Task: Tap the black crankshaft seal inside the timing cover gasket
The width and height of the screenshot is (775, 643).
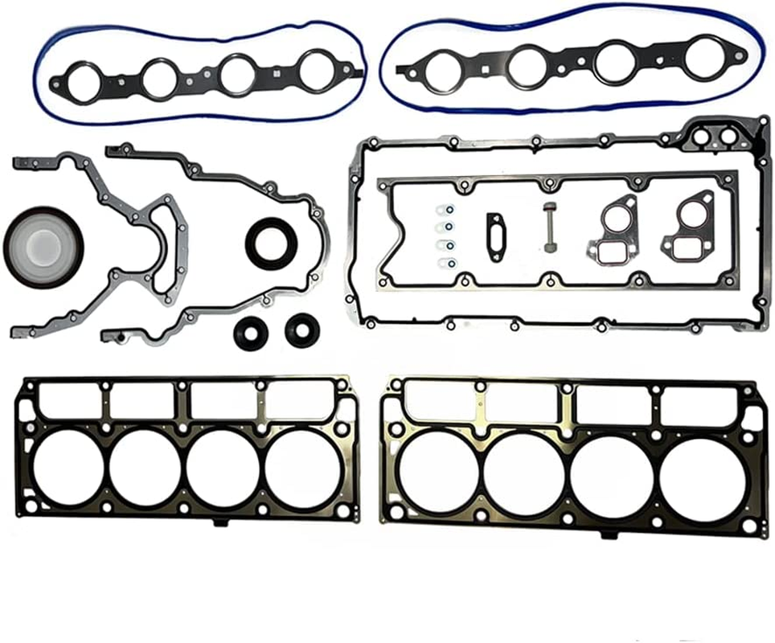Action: pos(271,242)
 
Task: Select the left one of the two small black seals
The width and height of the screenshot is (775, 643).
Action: pos(250,332)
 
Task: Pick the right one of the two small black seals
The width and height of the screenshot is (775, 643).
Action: pos(301,330)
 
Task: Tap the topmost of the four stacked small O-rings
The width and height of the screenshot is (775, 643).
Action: pos(449,211)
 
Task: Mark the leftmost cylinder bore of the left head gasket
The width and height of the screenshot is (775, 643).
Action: pos(68,469)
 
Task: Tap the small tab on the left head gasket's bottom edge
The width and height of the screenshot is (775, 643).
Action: pos(220,523)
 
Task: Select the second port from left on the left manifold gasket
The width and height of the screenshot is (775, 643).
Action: pos(160,78)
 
